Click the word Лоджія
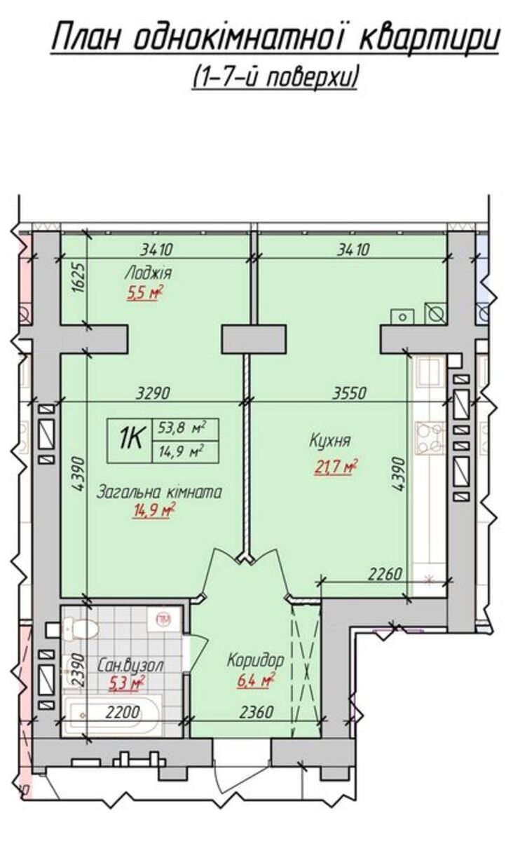point(149,273)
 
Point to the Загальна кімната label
point(160,492)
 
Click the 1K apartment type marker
point(130,439)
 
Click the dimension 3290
point(153,393)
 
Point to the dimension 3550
point(350,393)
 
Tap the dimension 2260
point(385,573)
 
